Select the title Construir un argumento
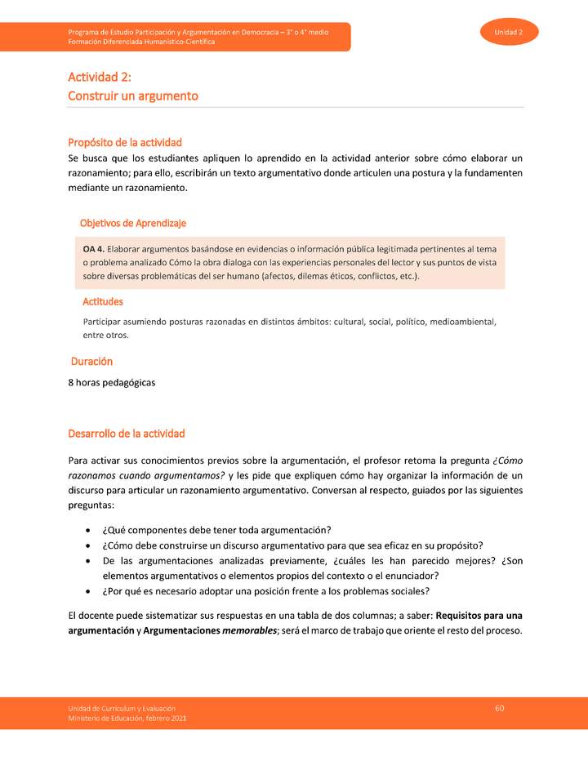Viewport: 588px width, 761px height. tap(133, 96)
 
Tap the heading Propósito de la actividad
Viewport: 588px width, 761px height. tap(125, 142)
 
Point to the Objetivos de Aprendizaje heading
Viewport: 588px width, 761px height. tap(133, 223)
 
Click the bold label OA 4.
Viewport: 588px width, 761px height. tap(93, 248)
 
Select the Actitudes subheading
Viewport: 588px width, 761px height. tap(103, 301)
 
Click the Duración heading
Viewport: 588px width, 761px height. tap(91, 361)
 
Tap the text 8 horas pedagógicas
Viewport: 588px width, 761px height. tap(112, 382)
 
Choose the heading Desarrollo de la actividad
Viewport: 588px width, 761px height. tap(127, 433)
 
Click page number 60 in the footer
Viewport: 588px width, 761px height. tap(500, 707)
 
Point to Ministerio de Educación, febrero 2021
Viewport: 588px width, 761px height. tap(127, 718)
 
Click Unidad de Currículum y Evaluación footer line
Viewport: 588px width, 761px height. tap(122, 708)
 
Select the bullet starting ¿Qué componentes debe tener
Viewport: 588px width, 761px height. tap(216, 530)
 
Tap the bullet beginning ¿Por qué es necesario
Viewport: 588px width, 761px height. tap(266, 591)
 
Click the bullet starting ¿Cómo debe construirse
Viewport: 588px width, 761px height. tap(292, 545)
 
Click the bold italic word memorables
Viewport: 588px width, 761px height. tap(249, 630)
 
